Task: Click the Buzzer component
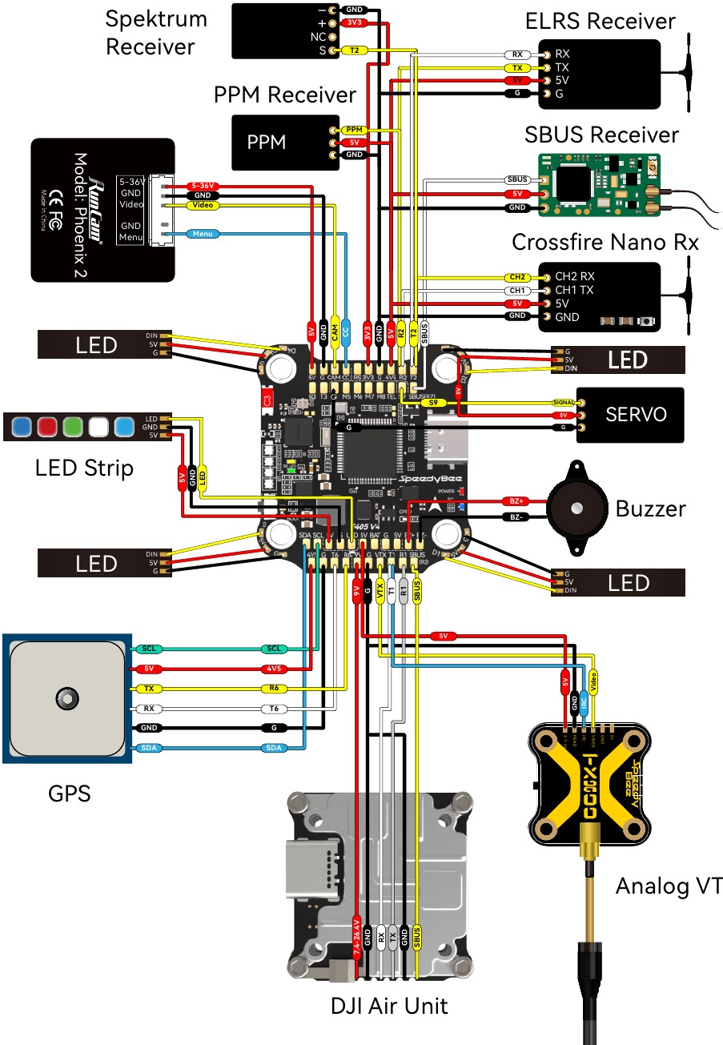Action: point(576,508)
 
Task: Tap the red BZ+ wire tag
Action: point(516,500)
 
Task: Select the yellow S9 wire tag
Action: point(432,403)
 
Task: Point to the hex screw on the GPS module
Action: point(67,696)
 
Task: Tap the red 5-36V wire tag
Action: point(203,186)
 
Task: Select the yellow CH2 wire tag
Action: point(517,277)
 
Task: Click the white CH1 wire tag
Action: point(517,291)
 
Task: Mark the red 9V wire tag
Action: point(356,591)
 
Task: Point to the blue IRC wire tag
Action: point(584,701)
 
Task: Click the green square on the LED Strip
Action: point(74,426)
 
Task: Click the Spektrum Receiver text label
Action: point(156,33)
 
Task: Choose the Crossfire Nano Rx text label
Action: point(605,241)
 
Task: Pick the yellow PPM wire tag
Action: point(353,130)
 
